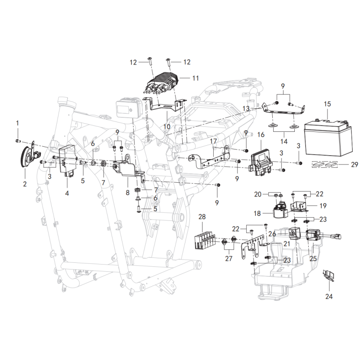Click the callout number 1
18,123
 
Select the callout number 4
67,193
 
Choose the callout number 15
328,104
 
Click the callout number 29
355,164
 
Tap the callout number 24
329,297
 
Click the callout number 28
202,216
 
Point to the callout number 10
167,126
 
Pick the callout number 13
246,108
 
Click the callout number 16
261,134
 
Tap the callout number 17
213,141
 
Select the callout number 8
128,193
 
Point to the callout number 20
257,194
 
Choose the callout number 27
229,258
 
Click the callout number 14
284,141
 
